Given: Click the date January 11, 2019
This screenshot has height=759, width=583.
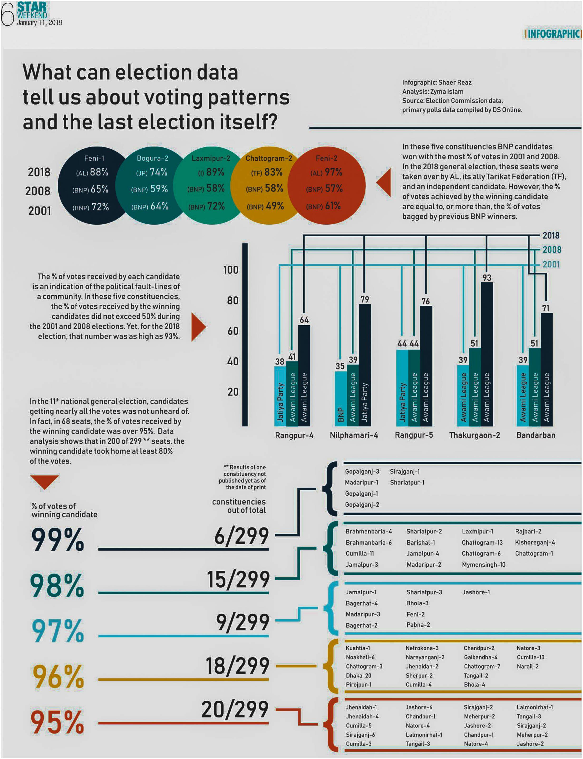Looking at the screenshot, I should [x=39, y=23].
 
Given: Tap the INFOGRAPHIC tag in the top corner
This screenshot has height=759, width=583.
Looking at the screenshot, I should [x=553, y=34].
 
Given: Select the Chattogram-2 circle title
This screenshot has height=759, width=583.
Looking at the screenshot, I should [x=269, y=158].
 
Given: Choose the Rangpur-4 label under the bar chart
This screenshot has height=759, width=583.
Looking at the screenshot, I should [x=294, y=435].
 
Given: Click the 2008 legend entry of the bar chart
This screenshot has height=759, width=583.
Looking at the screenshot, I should [x=552, y=250].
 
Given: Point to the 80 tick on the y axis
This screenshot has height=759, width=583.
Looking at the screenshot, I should [x=233, y=300].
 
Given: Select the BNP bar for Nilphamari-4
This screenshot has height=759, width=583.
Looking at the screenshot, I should [x=340, y=398].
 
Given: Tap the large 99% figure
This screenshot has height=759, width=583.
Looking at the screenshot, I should [x=58, y=539].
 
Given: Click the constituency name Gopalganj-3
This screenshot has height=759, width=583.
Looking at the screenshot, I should [x=362, y=471].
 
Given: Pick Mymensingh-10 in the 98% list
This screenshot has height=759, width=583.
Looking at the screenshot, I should [x=483, y=565].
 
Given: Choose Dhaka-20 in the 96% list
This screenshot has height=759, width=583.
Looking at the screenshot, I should [x=358, y=675].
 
